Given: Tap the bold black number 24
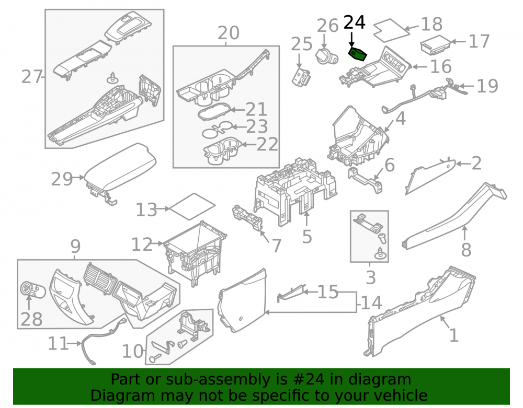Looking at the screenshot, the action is pyautogui.click(x=355, y=22).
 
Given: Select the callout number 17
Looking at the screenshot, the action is pyautogui.click(x=479, y=41).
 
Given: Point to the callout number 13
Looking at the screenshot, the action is pyautogui.click(x=146, y=210).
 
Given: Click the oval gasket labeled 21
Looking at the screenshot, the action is pyautogui.click(x=214, y=111).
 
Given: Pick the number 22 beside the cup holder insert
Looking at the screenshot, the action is pyautogui.click(x=267, y=144).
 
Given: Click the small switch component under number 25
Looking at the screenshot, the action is pyautogui.click(x=301, y=78).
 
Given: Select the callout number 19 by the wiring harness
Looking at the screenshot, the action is pyautogui.click(x=487, y=86).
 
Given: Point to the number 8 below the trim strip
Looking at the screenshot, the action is pyautogui.click(x=466, y=250).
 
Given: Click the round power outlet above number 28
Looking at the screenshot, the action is pyautogui.click(x=32, y=289).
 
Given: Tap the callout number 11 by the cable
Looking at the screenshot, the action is pyautogui.click(x=58, y=343).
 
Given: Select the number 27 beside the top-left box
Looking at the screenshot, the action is pyautogui.click(x=32, y=77).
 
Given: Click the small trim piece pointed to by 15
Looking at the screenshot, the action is pyautogui.click(x=290, y=294).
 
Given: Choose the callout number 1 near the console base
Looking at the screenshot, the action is pyautogui.click(x=453, y=335).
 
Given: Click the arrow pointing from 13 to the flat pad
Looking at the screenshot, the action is pyautogui.click(x=163, y=209).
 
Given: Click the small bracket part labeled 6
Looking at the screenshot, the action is pyautogui.click(x=365, y=180).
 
